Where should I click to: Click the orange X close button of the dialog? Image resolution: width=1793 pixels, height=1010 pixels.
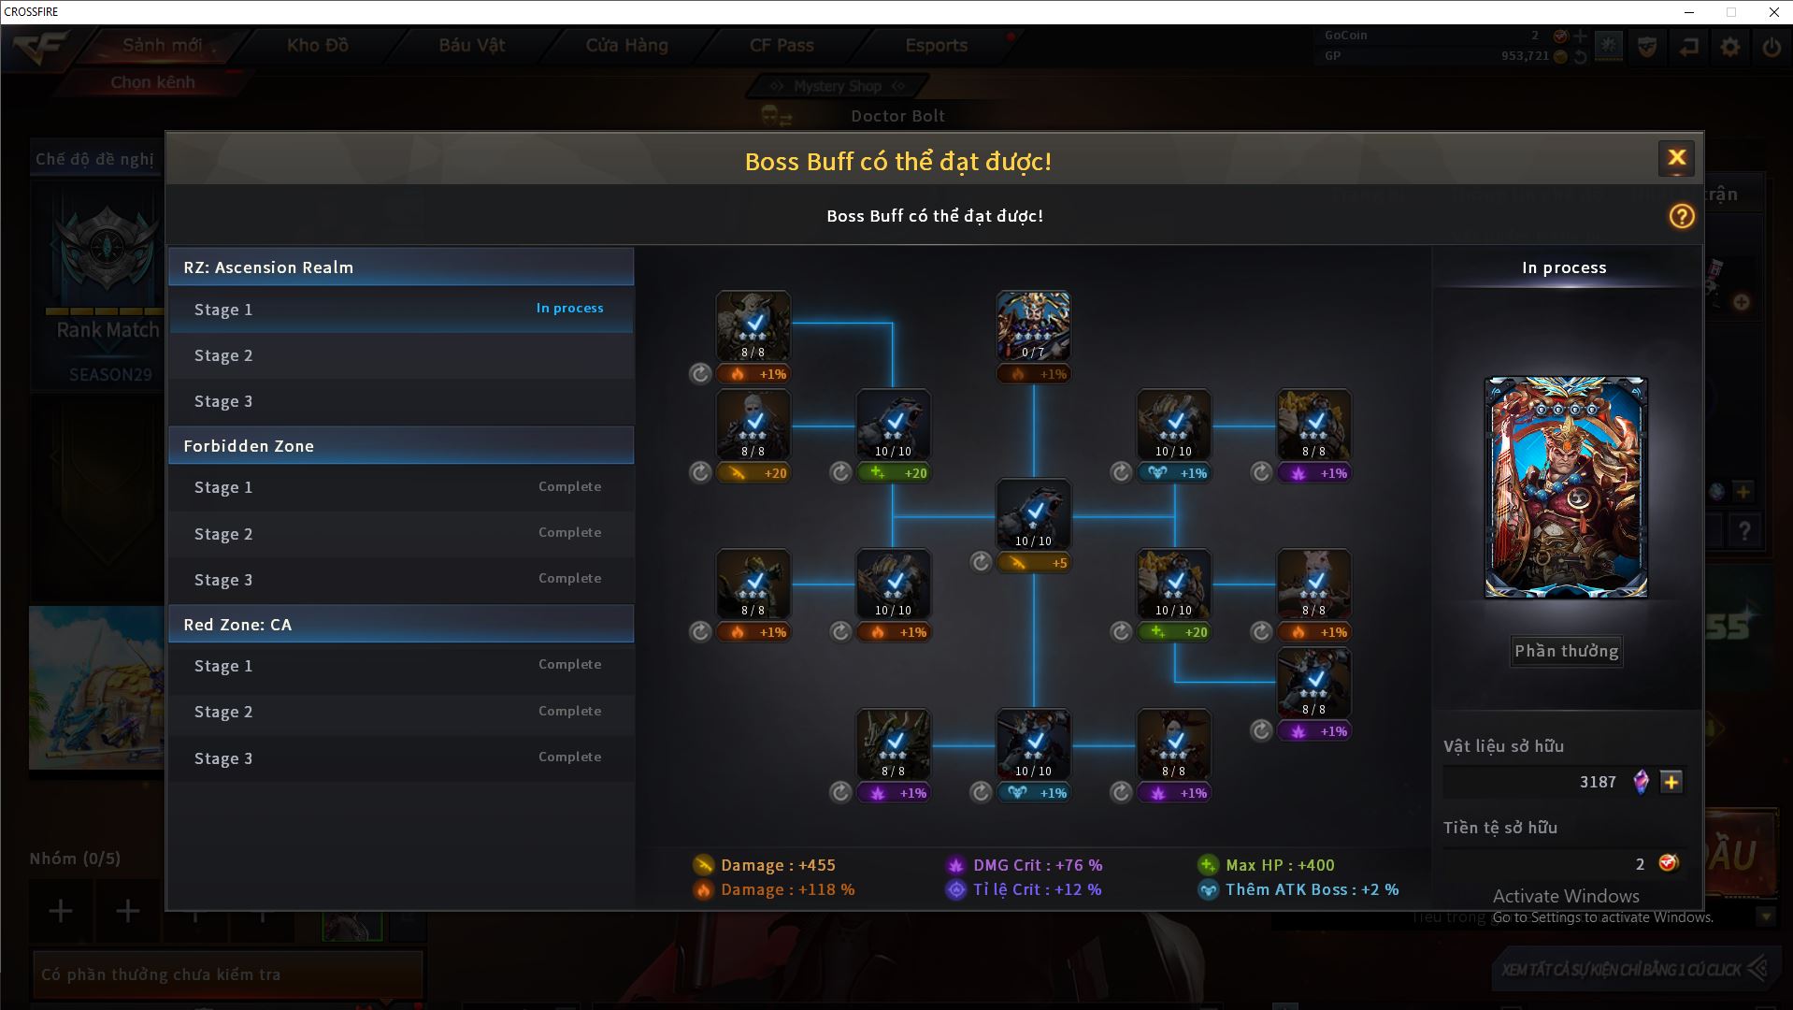pos(1676,158)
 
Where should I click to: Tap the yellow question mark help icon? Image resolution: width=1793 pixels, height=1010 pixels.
pos(1681,217)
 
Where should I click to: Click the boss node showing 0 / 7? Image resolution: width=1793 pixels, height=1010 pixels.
pos(1033,326)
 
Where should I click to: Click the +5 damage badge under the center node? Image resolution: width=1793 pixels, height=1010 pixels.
pos(1033,563)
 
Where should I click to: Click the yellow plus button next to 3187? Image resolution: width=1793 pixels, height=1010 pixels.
pos(1671,782)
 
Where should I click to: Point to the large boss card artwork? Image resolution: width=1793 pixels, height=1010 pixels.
pos(1566,487)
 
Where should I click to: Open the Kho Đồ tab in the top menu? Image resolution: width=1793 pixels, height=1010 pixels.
pos(318,45)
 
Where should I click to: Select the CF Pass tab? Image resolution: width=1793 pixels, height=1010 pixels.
pos(782,45)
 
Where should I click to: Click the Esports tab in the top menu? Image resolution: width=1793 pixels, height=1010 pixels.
pos(936,45)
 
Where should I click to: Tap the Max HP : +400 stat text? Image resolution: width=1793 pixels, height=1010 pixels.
pos(1279,865)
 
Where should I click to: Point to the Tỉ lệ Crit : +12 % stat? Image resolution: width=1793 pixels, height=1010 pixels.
pos(1036,889)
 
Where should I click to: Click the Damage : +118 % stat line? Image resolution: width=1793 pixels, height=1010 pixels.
pos(786,889)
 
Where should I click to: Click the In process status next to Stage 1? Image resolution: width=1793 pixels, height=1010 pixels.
pos(569,308)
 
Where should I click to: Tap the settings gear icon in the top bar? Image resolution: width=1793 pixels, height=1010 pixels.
pos(1730,47)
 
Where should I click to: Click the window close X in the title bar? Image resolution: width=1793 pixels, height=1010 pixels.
pos(1773,12)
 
